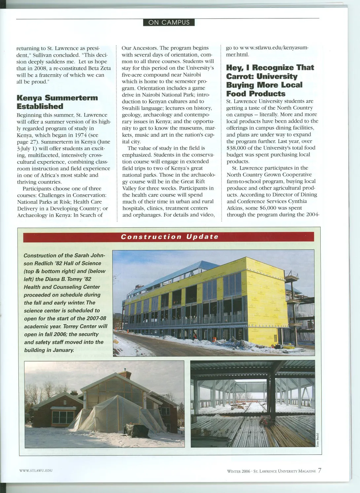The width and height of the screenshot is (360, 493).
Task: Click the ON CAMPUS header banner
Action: click(x=169, y=22)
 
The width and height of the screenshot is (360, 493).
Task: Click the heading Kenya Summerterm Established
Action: click(x=57, y=102)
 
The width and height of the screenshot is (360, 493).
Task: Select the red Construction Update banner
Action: click(x=169, y=237)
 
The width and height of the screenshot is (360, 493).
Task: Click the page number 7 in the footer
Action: click(x=319, y=471)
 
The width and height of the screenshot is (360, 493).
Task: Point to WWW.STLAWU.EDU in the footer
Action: click(x=36, y=470)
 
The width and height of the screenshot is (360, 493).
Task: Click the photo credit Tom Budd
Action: click(x=317, y=440)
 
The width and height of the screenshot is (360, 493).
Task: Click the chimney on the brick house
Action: click(x=125, y=373)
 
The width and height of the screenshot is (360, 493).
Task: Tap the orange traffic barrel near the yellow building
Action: click(x=214, y=340)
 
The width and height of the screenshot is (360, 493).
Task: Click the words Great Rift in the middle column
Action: click(x=193, y=182)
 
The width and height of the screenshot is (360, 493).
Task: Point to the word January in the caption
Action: click(x=62, y=350)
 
